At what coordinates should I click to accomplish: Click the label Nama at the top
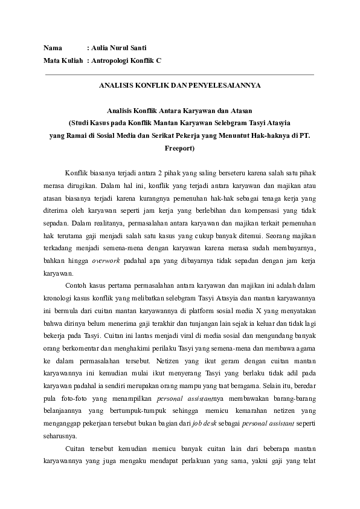point(53,47)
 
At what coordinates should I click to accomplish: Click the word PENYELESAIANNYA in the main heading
point(227,86)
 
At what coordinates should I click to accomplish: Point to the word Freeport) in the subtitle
point(179,147)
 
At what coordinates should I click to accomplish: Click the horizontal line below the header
point(179,74)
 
